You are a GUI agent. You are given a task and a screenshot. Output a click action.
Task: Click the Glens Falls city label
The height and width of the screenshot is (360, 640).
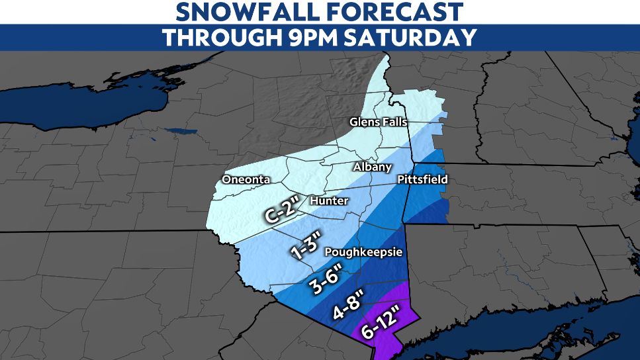click(378, 122)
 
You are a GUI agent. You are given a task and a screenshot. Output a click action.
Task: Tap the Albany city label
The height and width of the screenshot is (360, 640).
click(372, 167)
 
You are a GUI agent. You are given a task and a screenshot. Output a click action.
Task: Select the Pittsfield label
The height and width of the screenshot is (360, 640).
click(422, 179)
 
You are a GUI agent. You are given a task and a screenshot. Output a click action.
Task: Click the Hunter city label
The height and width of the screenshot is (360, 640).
click(328, 201)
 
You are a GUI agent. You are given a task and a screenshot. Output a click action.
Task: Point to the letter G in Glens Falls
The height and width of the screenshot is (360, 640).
click(353, 122)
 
